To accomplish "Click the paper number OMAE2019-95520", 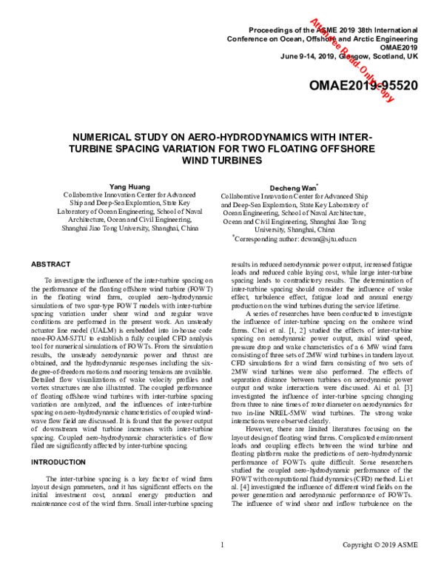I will [363, 86].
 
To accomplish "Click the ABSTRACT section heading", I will [50, 264].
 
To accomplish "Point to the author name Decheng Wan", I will [295, 189].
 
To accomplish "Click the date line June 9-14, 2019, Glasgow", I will [349, 55].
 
